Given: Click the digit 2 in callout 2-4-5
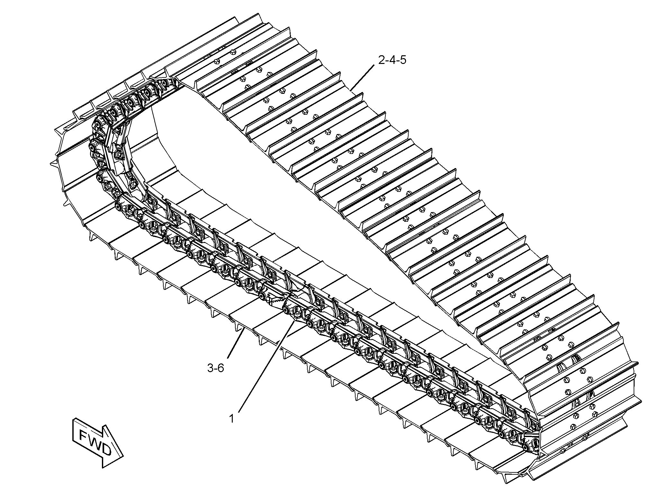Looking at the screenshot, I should (x=382, y=60).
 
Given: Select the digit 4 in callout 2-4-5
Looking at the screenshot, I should (x=392, y=60).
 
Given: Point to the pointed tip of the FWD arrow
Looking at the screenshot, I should (x=123, y=456).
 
